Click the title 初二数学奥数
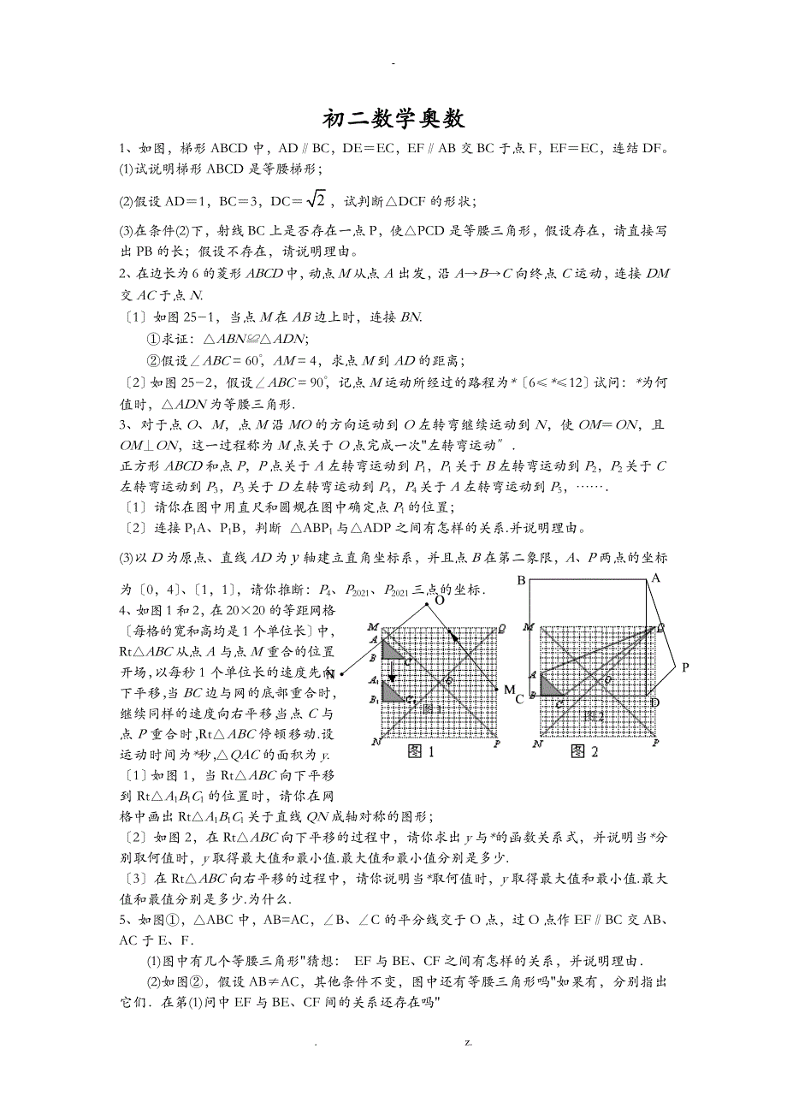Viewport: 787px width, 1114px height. coord(393,117)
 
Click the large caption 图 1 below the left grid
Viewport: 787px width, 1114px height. coord(420,752)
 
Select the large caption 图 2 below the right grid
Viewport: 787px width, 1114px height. coord(583,752)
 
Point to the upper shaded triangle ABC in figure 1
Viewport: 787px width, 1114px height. coord(391,651)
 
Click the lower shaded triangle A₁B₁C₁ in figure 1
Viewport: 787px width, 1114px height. coord(391,692)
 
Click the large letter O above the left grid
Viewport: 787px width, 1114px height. coord(439,601)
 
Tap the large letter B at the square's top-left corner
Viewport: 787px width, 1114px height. coord(520,582)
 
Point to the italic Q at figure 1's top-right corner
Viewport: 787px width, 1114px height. coord(502,627)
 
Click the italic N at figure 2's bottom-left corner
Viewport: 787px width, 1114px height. coord(537,744)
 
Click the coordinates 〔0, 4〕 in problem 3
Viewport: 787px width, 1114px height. coord(147,590)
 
